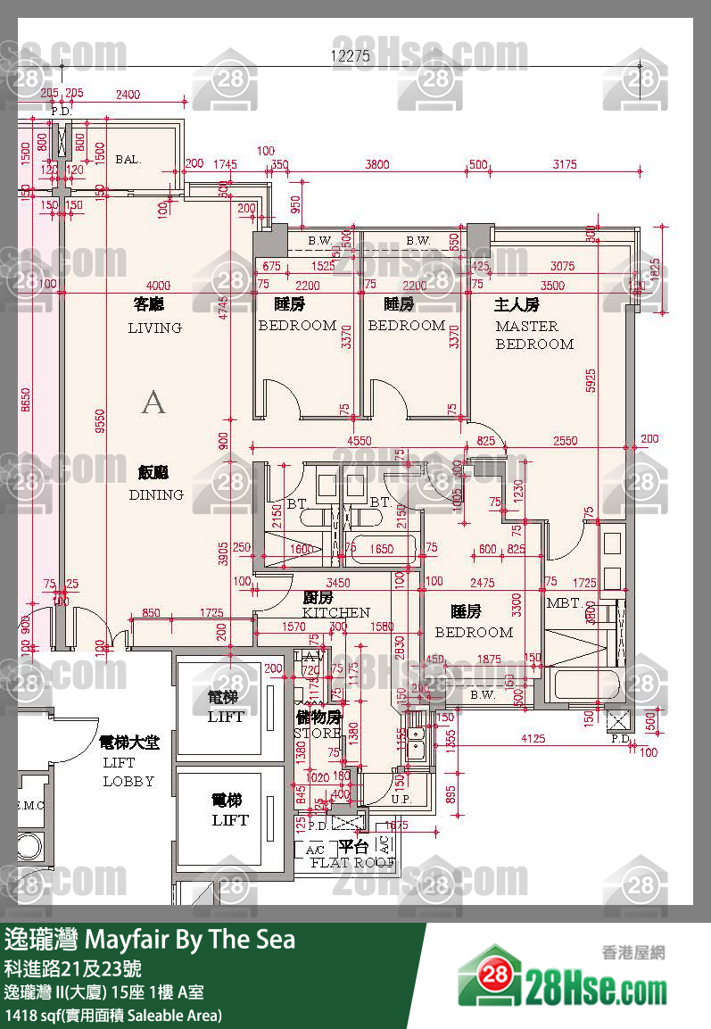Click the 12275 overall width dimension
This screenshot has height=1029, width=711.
click(351, 55)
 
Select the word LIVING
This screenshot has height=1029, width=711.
click(154, 328)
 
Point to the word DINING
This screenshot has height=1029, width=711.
click(156, 494)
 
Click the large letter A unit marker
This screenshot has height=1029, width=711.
click(153, 402)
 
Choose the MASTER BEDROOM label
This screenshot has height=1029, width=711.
click(533, 335)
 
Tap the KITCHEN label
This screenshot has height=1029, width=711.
click(335, 613)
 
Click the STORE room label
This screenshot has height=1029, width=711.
click(318, 733)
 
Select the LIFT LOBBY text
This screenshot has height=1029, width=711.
click(128, 771)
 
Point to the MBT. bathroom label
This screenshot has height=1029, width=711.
click(564, 604)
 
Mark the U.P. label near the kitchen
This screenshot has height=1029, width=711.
click(401, 799)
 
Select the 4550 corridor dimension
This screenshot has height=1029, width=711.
click(360, 440)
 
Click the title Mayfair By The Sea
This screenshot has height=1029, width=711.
click(189, 939)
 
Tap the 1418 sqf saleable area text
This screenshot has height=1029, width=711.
click(113, 1015)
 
